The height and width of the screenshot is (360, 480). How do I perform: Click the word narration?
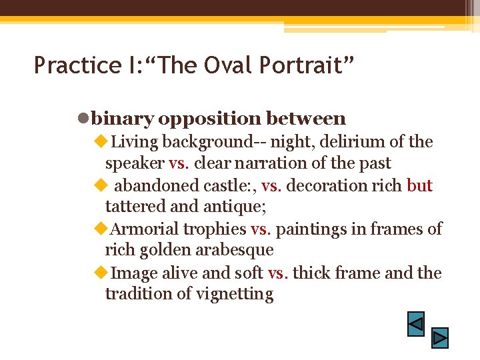click(x=275, y=163)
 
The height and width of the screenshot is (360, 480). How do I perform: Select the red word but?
click(x=419, y=185)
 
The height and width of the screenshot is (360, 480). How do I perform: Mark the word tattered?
click(x=133, y=207)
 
